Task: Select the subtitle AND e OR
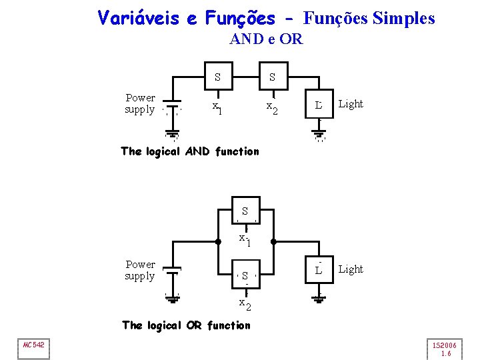coord(266,39)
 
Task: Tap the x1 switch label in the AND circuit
coord(217,107)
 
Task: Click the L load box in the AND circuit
coord(319,105)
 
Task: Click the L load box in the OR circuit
coord(319,271)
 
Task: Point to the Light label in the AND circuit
coord(351,104)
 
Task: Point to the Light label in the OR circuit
coord(351,269)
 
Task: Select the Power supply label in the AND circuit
coord(140,103)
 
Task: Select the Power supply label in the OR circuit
coord(140,270)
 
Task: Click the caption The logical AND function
coord(190,151)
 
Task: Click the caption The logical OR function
coord(187,325)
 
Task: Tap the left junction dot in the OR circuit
coord(218,242)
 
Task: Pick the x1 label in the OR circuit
coord(245,239)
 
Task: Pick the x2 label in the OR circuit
coord(245,304)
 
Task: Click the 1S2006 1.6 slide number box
coord(445,349)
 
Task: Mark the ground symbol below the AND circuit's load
coord(319,136)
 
